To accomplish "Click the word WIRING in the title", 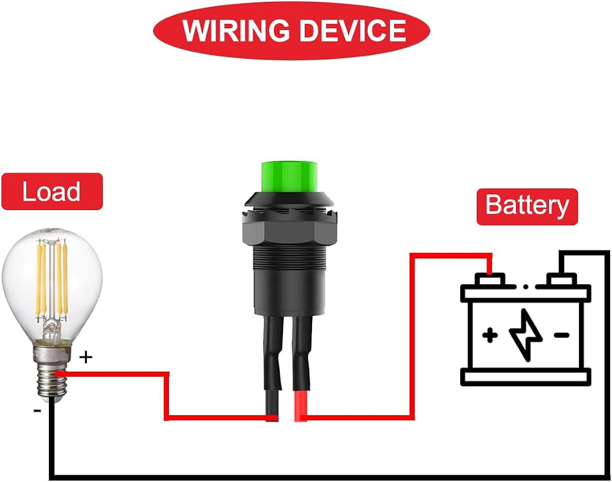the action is [x=236, y=31].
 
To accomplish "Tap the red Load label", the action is [x=52, y=192].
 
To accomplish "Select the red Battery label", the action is [x=528, y=206].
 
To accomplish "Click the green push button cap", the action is [x=289, y=176].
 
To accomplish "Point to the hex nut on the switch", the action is [x=289, y=232].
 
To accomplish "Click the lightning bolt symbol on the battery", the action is [x=526, y=335].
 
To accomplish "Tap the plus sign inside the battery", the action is [x=490, y=335].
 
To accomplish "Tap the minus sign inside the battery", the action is [x=561, y=335].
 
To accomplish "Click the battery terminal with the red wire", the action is [x=490, y=280].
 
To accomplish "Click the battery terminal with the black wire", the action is [x=561, y=280].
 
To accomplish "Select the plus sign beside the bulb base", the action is [x=86, y=357].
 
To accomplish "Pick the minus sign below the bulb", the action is [x=37, y=410].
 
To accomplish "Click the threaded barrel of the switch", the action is [x=289, y=258].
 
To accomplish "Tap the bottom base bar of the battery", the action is [x=526, y=377].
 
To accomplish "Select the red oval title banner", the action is [x=291, y=31].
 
